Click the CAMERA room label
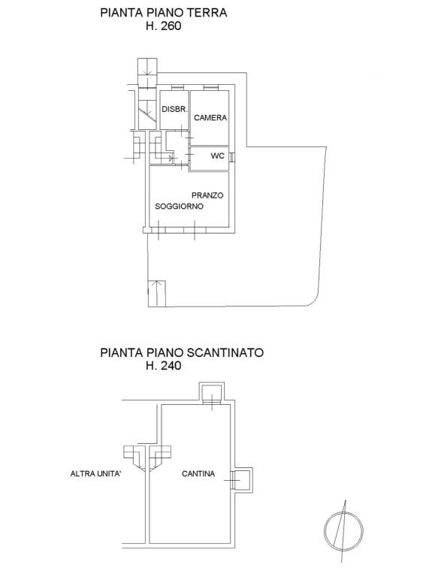point(210,118)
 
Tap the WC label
point(217,156)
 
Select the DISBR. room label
point(175,109)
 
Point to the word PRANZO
point(207,195)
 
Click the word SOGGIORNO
point(179,207)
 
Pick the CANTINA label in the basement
point(198,473)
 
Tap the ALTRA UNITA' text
point(95,473)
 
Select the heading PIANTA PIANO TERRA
point(164,13)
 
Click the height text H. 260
point(163,26)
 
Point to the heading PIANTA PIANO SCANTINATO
point(182,352)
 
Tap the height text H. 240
point(163,366)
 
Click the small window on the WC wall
point(231,156)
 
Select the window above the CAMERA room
point(211,88)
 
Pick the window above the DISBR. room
point(177,88)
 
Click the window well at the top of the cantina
point(212,393)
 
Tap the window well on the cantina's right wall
point(242,481)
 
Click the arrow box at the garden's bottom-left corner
point(157,293)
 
